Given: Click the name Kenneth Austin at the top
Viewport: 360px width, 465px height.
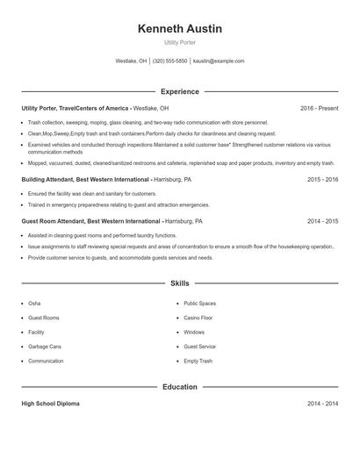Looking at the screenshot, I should [180, 29].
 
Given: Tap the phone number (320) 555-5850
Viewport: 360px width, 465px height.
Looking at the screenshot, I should [170, 61].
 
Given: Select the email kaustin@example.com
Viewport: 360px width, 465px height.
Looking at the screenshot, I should [219, 61].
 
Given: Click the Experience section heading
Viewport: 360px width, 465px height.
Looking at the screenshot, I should [180, 91].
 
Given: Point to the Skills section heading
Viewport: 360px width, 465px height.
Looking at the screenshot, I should [180, 284].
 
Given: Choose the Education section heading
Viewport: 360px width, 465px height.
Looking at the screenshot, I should [180, 386].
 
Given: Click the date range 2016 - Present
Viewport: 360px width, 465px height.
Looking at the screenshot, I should [319, 108].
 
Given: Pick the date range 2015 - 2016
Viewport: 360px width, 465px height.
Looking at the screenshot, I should [322, 179].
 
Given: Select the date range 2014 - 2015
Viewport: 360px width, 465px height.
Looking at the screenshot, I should [322, 222].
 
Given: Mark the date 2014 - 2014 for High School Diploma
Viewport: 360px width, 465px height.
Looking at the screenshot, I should [322, 404].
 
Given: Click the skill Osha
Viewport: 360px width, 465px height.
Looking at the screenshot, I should [34, 304].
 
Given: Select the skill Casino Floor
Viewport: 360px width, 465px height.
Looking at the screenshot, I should [198, 318].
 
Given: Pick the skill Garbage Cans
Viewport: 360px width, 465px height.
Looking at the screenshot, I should [45, 347].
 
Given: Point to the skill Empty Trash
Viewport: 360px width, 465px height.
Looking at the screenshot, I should [198, 361].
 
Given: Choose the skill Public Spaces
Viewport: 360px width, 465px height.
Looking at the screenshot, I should [200, 304].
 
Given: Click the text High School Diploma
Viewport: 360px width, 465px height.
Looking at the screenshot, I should [50, 404].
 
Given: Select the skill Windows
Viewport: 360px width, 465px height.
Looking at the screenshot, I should [194, 333].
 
